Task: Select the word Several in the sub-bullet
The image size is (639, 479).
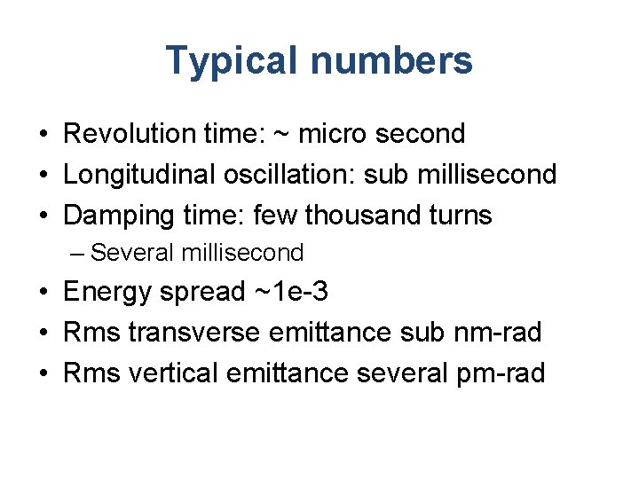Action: pos(132,253)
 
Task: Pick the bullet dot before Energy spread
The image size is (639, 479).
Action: pos(43,293)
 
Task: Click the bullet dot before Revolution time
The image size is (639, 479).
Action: pos(43,135)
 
